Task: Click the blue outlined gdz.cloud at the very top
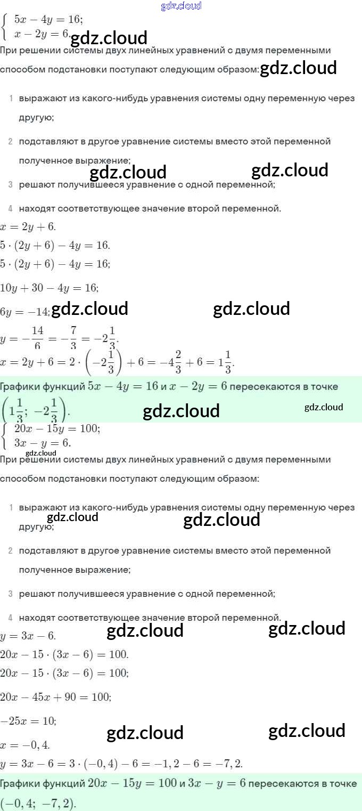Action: click(x=181, y=6)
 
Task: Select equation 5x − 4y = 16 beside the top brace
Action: click(x=48, y=19)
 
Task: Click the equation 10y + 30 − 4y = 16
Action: click(x=49, y=288)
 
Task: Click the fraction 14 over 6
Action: click(x=37, y=339)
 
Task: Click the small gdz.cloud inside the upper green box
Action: click(x=324, y=407)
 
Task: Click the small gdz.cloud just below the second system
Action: click(x=40, y=453)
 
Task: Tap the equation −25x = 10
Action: click(x=28, y=721)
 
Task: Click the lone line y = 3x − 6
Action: click(x=28, y=636)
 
